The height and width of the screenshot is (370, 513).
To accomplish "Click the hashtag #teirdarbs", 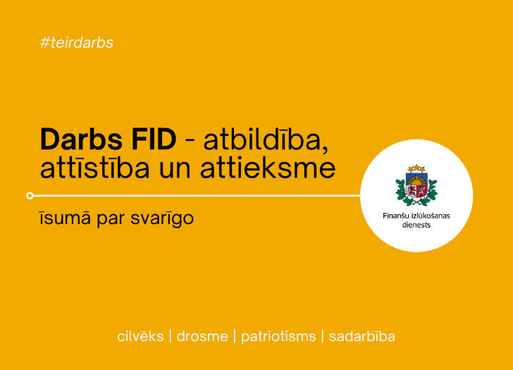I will (77, 42).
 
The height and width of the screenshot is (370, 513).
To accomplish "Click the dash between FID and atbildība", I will (189, 142).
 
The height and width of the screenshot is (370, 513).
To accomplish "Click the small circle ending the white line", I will (30, 195).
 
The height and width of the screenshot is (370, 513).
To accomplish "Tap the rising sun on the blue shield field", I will (416, 183).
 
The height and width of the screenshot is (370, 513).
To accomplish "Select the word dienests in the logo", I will (416, 225).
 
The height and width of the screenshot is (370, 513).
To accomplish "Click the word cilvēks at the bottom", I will (140, 336).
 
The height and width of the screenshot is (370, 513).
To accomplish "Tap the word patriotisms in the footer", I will (278, 336).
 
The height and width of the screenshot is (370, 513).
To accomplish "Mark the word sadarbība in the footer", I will (361, 336).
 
